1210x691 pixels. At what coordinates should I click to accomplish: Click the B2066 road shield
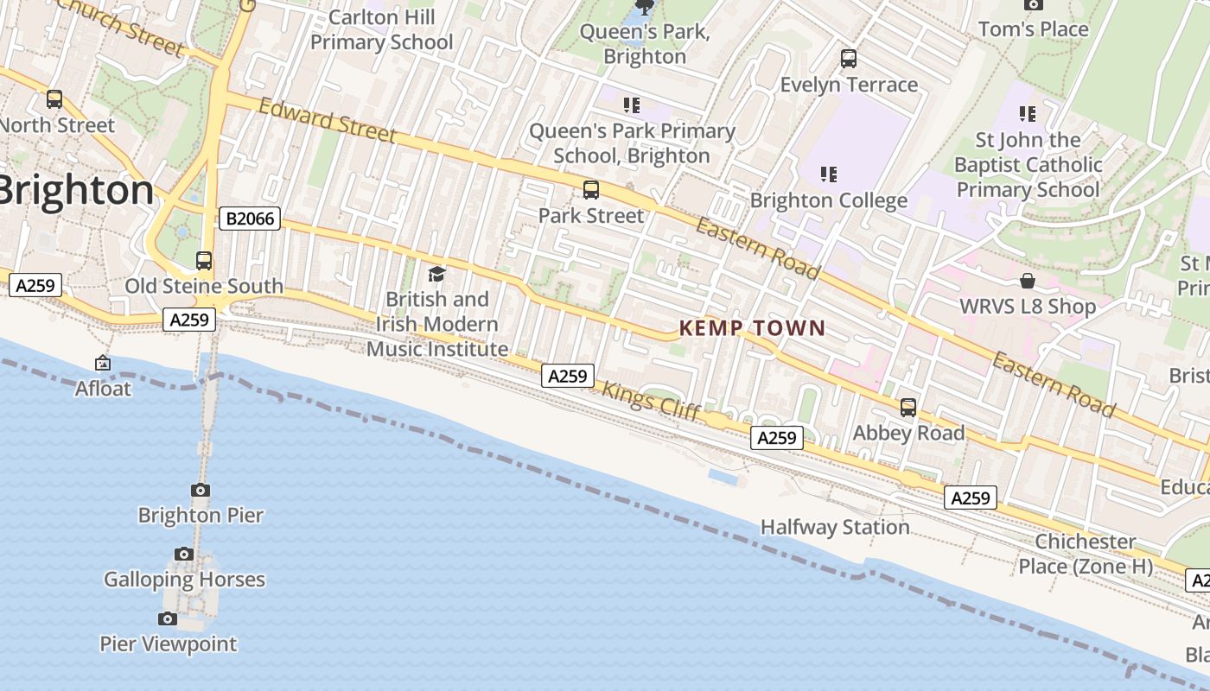tap(251, 219)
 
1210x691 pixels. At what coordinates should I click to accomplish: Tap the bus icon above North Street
tap(54, 99)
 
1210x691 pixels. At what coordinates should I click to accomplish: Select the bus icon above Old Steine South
tap(204, 260)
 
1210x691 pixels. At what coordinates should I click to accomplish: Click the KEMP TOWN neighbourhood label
tap(752, 328)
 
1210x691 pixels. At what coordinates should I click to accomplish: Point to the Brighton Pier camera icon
tap(201, 490)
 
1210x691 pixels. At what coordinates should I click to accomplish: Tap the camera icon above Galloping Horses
tap(183, 554)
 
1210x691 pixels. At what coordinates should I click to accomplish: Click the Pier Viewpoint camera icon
tap(168, 618)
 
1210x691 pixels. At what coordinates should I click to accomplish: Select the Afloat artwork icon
tap(103, 364)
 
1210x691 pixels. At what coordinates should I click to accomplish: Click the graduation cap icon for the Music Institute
tap(436, 274)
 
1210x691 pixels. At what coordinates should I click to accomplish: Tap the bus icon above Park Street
tap(591, 190)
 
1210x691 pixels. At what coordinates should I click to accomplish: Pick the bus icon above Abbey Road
tap(908, 407)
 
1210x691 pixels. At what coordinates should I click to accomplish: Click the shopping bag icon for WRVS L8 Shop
tap(1028, 281)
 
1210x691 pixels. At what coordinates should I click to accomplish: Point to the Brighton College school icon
tap(829, 174)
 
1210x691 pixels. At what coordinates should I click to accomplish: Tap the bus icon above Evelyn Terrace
tap(849, 59)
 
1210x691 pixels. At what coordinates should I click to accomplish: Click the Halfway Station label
tap(835, 527)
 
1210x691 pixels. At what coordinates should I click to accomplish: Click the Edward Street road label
tap(328, 121)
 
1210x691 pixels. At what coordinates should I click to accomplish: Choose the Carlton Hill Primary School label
tap(381, 29)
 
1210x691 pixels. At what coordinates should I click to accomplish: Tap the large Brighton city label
tap(76, 190)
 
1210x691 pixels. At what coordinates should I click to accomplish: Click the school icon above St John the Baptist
tap(1027, 113)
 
